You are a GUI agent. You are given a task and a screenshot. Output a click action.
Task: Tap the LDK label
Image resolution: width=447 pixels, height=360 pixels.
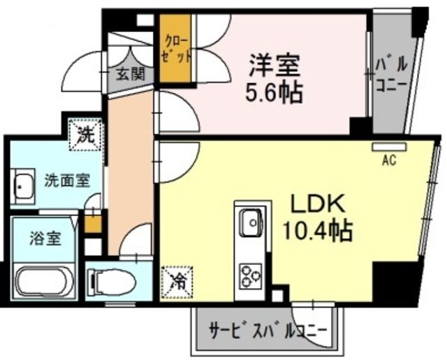point(318,203)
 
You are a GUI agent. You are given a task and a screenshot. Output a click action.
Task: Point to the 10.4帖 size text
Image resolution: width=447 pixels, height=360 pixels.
point(318,229)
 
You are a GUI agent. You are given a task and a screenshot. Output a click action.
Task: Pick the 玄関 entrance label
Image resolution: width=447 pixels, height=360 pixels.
point(130,73)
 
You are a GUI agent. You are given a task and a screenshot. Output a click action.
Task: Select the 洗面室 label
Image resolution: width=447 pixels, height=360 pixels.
point(67,180)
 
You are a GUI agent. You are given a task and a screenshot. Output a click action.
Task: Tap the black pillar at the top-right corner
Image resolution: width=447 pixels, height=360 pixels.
point(422,21)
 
